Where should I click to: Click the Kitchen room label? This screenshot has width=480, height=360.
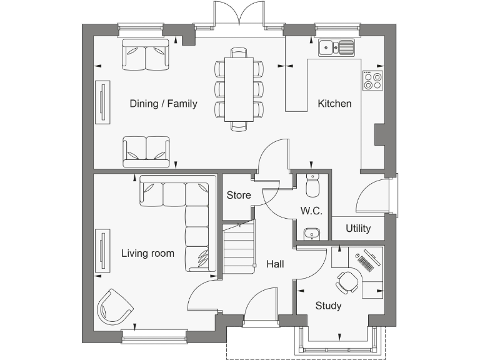(x=334, y=104)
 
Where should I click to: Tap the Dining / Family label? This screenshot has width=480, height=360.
(x=163, y=104)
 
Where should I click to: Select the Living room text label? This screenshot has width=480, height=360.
(x=147, y=253)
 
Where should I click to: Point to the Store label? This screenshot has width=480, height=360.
(x=238, y=196)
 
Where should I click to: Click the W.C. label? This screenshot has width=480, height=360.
(x=311, y=211)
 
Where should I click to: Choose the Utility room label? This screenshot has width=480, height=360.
(x=358, y=228)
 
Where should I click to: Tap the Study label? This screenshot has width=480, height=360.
(x=328, y=306)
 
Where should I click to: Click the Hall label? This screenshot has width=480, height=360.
(x=275, y=264)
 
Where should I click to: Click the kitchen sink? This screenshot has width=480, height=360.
(x=336, y=47)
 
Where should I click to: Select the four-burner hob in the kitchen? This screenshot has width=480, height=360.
(x=373, y=81)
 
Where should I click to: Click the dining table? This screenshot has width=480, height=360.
(x=239, y=89)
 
